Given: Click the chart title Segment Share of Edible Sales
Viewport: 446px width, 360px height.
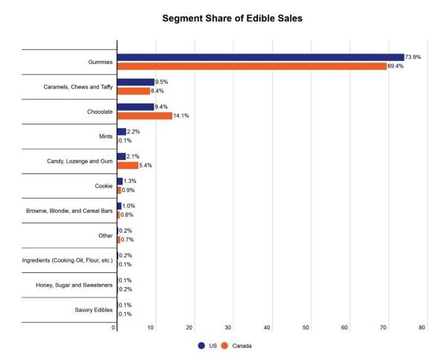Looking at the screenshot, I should [x=224, y=18].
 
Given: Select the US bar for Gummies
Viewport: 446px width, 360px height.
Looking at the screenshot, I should [x=260, y=57].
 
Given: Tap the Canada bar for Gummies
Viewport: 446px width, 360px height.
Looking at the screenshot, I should [x=251, y=66].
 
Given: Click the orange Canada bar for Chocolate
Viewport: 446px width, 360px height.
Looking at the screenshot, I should [x=144, y=115].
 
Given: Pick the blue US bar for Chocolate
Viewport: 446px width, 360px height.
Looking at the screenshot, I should [x=135, y=106].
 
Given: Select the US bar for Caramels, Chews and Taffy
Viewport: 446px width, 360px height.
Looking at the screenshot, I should [x=135, y=82].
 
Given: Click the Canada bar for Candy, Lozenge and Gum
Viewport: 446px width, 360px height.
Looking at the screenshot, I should [x=127, y=165].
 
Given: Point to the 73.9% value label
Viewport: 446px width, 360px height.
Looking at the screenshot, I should [x=415, y=57].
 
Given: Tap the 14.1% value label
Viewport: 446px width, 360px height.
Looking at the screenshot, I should [x=182, y=115].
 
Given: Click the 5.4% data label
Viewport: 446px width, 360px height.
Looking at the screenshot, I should [x=147, y=165].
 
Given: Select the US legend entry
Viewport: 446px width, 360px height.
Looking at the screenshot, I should [x=209, y=346].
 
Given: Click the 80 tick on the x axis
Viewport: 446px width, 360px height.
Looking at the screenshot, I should [x=422, y=327].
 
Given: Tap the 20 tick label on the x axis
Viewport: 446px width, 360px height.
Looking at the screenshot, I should [x=191, y=327].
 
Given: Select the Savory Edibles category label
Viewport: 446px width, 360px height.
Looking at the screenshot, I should [x=94, y=309].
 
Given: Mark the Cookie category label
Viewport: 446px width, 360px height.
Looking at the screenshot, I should [x=103, y=186].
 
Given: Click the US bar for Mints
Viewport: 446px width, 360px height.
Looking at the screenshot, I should [x=121, y=132].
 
